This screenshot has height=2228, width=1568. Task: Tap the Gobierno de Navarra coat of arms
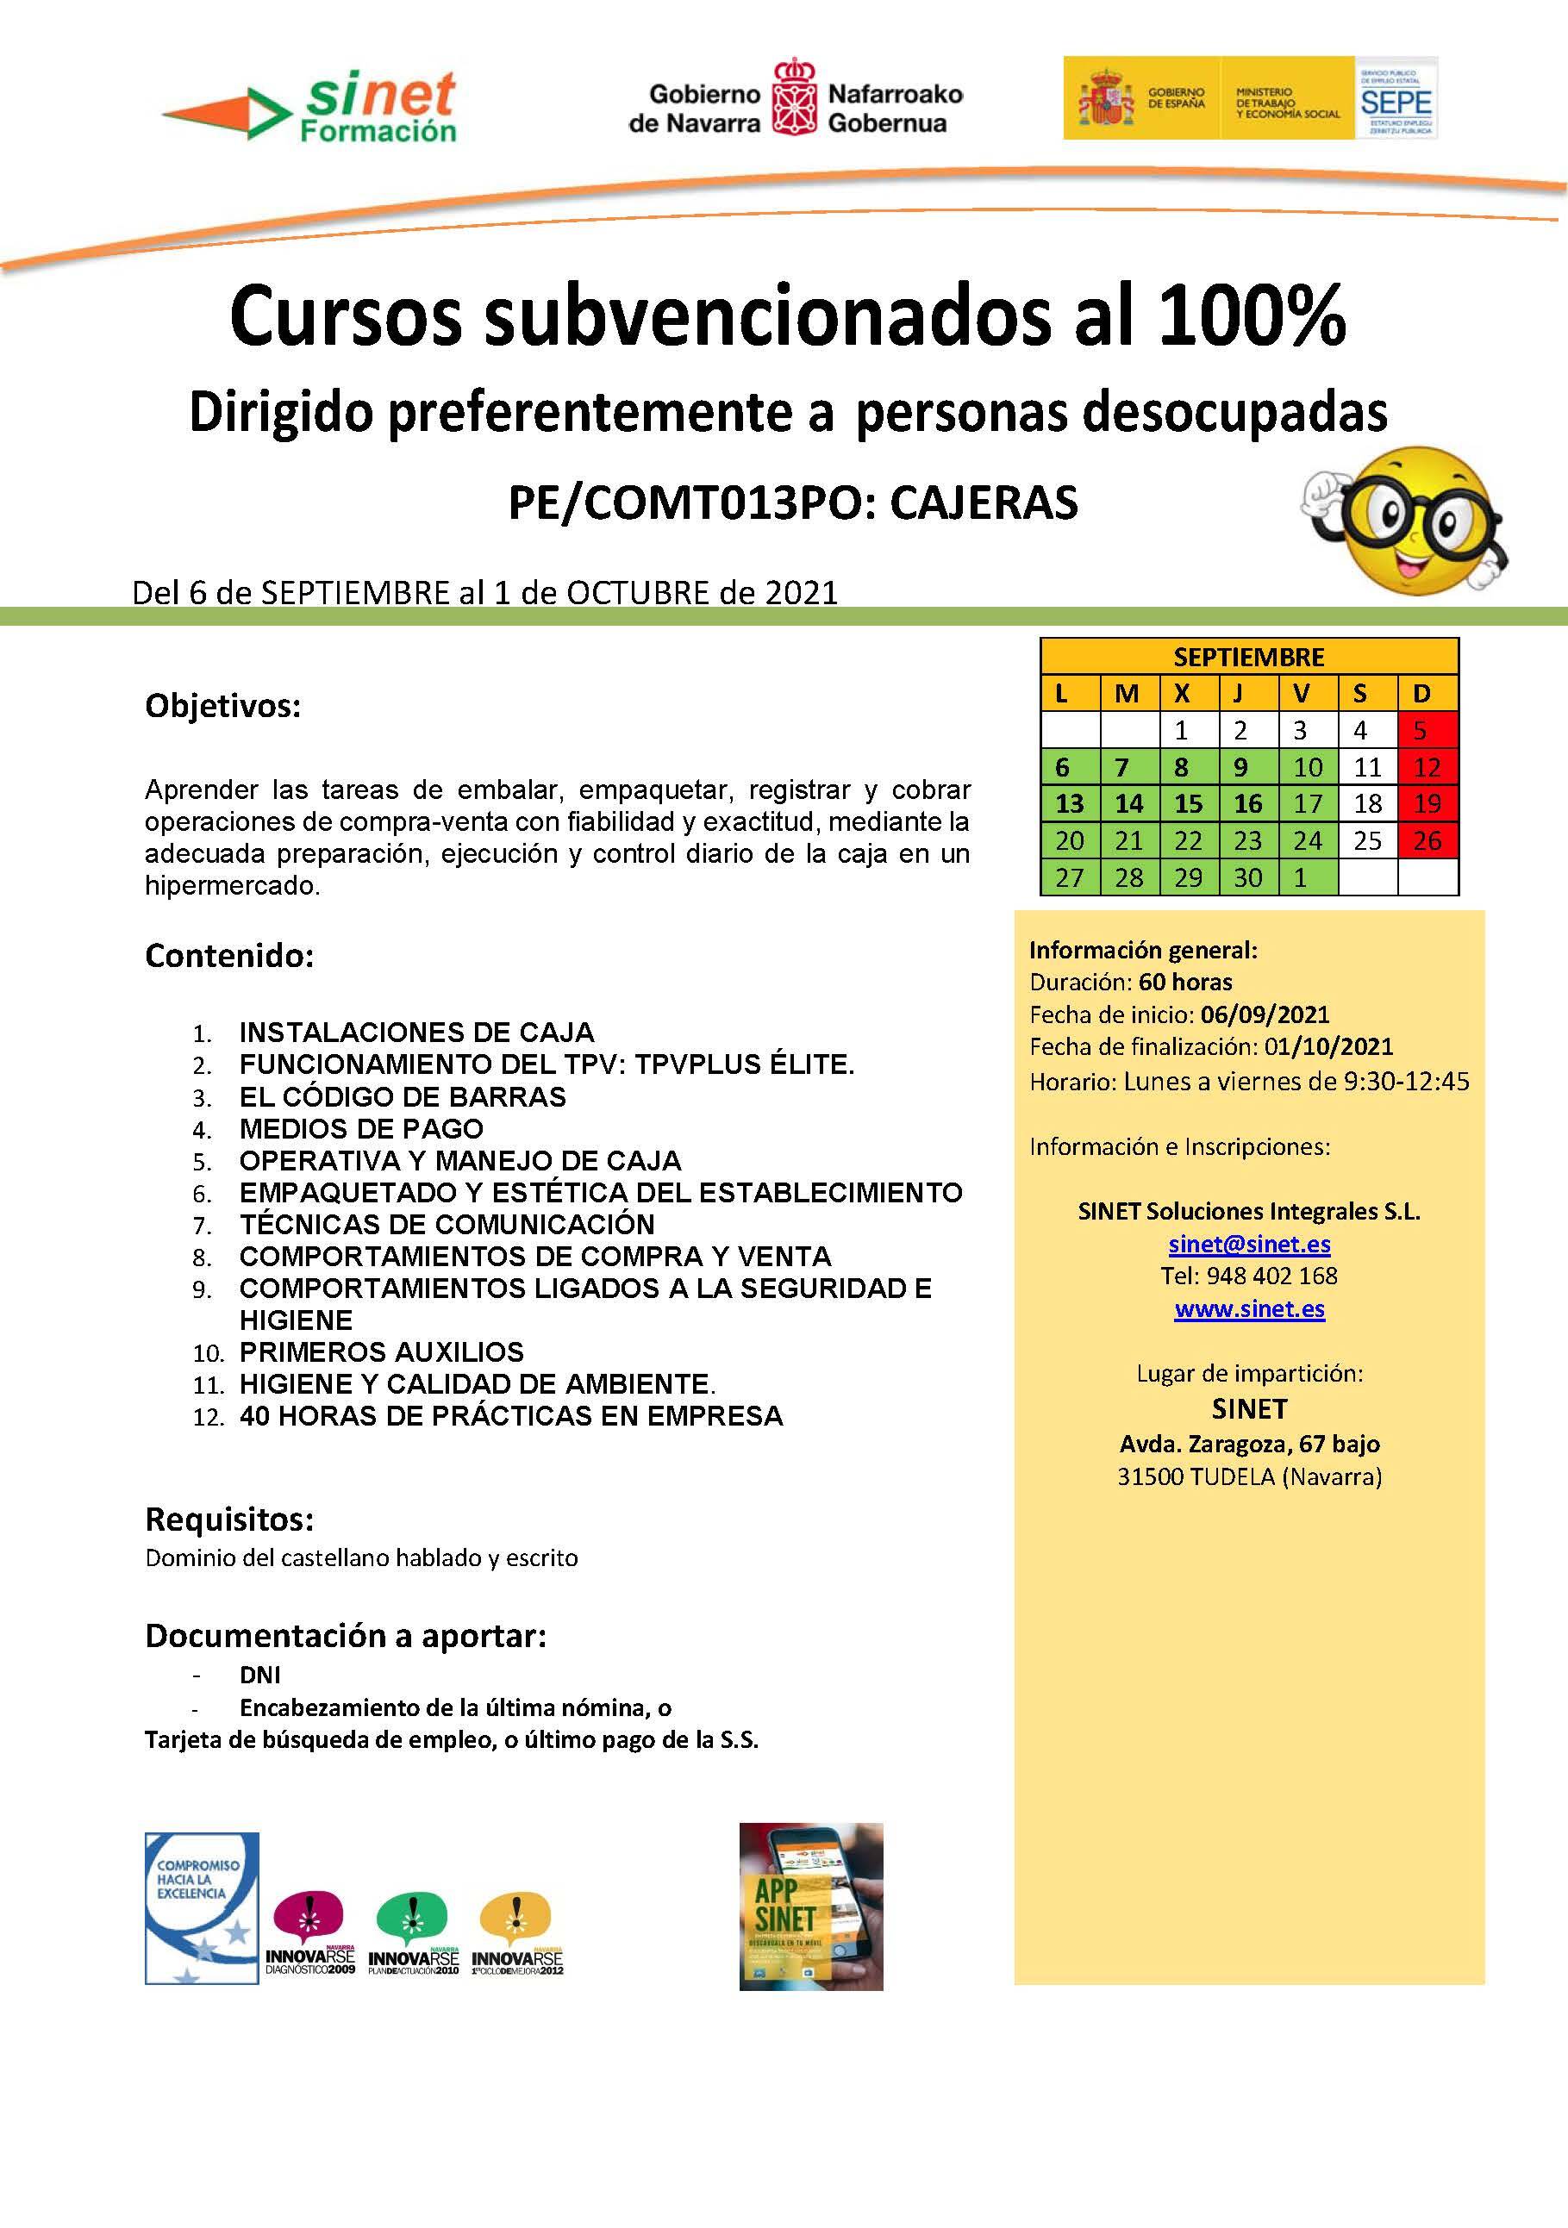click(x=794, y=97)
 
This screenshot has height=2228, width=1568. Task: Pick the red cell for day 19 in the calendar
click(x=1427, y=803)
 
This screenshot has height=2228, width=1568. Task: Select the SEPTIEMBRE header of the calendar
click(x=1249, y=657)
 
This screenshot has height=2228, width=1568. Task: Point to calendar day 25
click(x=1367, y=840)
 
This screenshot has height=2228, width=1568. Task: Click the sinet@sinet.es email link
click(x=1249, y=1244)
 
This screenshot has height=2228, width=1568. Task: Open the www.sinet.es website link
click(x=1249, y=1309)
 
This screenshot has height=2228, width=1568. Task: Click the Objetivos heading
click(x=223, y=706)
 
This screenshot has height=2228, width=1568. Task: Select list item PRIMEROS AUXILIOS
click(x=381, y=1351)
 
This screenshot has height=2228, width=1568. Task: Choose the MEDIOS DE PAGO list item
click(x=361, y=1128)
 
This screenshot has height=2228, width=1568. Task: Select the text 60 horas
click(x=1186, y=981)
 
